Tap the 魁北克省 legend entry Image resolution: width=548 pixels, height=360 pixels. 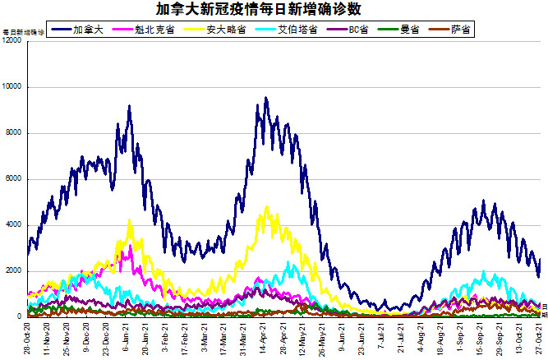[150, 30]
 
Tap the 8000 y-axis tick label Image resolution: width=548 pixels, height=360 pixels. [14, 133]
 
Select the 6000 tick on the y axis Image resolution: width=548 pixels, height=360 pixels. [14, 179]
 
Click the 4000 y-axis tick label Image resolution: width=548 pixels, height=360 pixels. [14, 225]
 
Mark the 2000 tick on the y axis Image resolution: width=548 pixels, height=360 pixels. [14, 271]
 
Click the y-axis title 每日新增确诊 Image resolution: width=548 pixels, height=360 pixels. [23, 32]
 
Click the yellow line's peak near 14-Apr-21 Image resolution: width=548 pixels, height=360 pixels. [267, 207]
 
